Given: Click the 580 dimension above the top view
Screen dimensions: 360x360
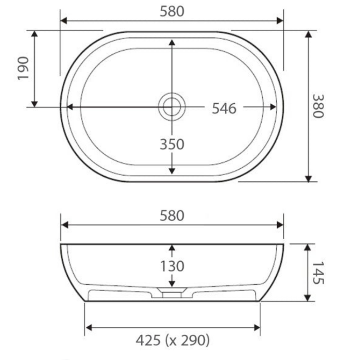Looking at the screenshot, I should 172,12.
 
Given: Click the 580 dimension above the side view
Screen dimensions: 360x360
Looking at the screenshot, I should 172,216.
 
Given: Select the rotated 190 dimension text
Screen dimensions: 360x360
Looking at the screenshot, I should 24,68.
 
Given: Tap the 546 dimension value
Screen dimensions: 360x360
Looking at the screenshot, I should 224,108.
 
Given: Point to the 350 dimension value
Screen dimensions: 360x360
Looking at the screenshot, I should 172,144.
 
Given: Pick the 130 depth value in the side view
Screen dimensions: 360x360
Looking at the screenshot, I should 172,266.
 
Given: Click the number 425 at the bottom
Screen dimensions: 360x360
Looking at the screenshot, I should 148,341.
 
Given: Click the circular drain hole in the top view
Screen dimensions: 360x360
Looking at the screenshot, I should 172,107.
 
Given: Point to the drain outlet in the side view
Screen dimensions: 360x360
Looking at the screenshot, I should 172,294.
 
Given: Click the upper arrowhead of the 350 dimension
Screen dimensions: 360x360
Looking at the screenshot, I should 172,42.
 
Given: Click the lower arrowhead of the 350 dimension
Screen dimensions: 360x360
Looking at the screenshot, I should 172,171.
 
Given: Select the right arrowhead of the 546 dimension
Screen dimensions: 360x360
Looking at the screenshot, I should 273,107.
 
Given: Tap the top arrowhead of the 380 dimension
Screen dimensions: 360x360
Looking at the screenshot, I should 308,34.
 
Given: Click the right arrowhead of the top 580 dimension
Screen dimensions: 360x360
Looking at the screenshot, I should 280,21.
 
